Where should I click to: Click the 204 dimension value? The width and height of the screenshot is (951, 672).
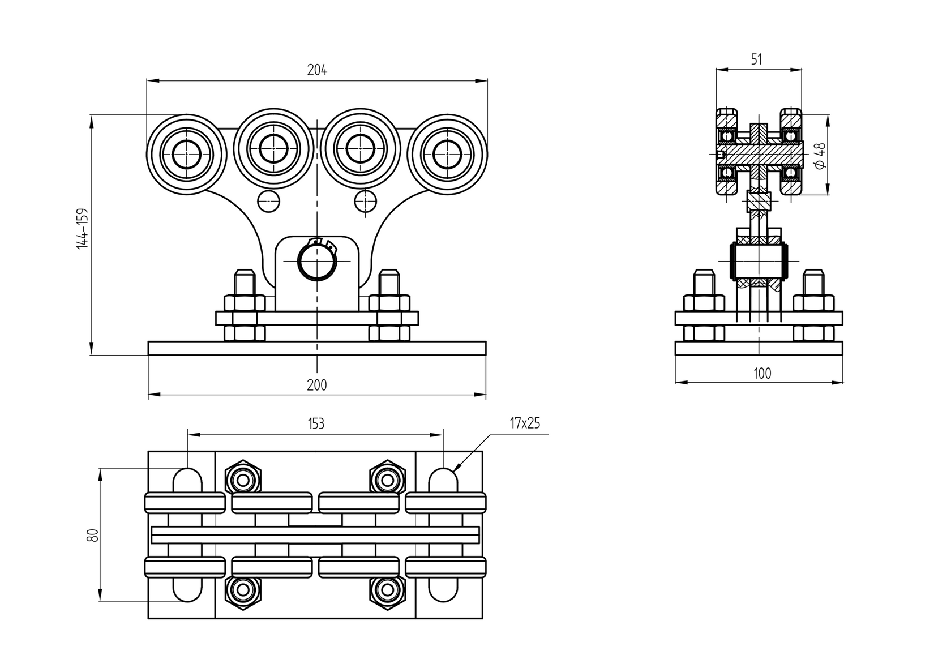click(317, 70)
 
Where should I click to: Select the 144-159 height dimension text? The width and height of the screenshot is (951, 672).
click(83, 228)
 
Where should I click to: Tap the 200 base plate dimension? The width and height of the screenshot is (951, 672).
click(317, 385)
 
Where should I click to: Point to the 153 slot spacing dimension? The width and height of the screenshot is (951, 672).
click(316, 423)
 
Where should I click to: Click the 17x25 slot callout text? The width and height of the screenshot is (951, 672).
click(525, 423)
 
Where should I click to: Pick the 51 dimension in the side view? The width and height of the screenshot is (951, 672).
click(757, 59)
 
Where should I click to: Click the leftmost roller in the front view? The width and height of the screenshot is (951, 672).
click(186, 153)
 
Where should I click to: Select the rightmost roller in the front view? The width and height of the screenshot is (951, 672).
click(447, 153)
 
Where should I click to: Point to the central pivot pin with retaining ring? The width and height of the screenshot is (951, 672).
click(317, 262)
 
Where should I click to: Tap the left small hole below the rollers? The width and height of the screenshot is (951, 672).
click(268, 201)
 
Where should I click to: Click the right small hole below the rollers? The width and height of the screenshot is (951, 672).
click(366, 201)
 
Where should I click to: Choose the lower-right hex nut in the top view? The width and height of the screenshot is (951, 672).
click(387, 590)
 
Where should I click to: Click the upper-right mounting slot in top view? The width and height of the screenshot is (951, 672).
click(443, 480)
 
